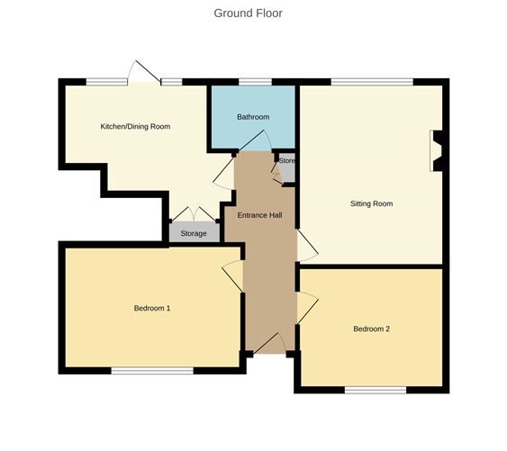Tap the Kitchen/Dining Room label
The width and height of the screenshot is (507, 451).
click(135, 127)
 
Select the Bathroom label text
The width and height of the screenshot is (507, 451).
click(253, 117)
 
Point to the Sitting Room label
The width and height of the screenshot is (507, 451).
click(371, 203)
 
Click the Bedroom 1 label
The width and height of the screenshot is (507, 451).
click(152, 308)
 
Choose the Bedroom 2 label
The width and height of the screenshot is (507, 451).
click(371, 329)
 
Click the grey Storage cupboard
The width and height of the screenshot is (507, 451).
click(194, 233)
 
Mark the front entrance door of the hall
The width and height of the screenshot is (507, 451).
click(269, 343)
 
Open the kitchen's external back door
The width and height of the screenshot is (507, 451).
click(144, 73)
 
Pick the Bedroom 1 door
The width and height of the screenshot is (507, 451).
click(232, 275)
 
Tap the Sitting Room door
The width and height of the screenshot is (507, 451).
click(307, 245)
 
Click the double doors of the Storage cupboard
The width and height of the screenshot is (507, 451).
click(194, 213)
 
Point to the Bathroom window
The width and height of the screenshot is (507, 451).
click(255, 83)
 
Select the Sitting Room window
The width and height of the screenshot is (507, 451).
click(371, 83)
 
